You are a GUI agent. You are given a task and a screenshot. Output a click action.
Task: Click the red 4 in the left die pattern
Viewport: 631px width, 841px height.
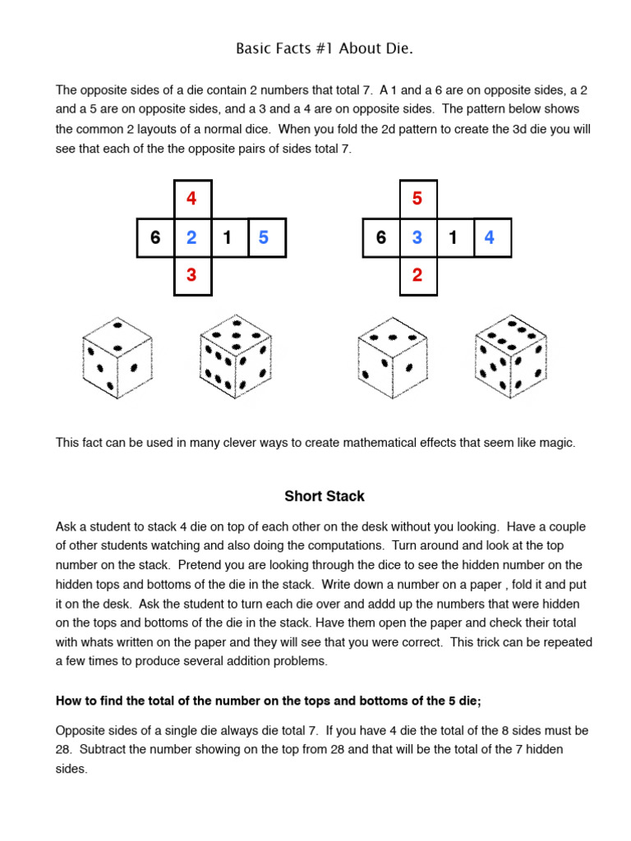tap(191, 199)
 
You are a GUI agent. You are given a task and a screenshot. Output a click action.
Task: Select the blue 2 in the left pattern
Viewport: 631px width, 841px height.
tap(191, 238)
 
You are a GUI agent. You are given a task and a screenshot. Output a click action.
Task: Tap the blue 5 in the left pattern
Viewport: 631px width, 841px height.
tap(263, 238)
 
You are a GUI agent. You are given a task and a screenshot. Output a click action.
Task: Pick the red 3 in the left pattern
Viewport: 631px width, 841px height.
tap(191, 275)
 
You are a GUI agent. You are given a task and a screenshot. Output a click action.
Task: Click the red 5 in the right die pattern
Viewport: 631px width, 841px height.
tap(417, 199)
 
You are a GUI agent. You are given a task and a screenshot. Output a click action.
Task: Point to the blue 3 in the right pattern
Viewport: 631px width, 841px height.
tap(417, 238)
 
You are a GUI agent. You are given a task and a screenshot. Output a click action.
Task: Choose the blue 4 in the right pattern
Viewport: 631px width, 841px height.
tap(490, 238)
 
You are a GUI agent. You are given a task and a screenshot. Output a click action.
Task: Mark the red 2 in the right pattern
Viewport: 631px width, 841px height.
tap(417, 275)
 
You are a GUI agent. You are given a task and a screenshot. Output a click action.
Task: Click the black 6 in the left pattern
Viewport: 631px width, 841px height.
tap(155, 238)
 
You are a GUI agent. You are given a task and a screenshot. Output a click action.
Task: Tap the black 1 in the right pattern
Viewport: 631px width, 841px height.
tap(453, 238)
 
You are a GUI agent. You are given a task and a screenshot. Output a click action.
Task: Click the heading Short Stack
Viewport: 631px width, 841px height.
tap(325, 496)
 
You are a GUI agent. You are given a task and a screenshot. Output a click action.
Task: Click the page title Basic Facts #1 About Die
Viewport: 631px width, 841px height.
tap(325, 49)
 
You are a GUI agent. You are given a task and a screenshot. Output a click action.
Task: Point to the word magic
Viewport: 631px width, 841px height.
tap(558, 443)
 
